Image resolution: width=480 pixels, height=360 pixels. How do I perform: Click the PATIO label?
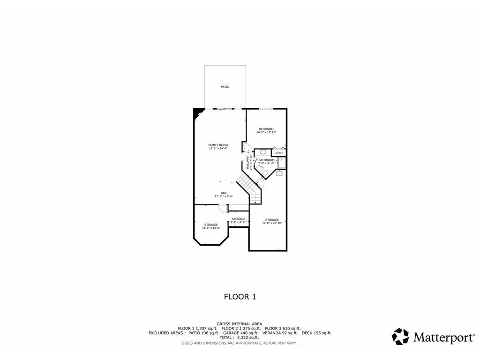(x=225, y=87)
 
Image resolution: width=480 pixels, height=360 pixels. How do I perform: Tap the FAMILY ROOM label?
(x=218, y=145)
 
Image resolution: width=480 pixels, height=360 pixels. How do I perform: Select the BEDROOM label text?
(x=266, y=129)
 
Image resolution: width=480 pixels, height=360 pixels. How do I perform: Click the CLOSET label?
(x=278, y=153)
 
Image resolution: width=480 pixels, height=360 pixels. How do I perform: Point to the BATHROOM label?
(x=266, y=160)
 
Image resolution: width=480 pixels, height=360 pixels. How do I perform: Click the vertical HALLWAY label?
(x=248, y=163)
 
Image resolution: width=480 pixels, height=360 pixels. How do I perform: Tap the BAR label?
(x=224, y=193)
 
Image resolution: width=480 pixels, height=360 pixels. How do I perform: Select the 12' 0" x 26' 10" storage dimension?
(x=272, y=223)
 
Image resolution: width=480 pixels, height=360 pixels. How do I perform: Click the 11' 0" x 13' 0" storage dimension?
(x=210, y=228)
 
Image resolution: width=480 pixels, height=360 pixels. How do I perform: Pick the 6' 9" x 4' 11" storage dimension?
(x=239, y=222)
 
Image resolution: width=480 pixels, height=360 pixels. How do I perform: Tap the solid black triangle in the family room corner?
(x=198, y=112)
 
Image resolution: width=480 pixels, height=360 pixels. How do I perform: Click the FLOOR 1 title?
(x=240, y=296)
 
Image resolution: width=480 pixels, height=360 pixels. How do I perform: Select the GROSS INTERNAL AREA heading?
(x=240, y=324)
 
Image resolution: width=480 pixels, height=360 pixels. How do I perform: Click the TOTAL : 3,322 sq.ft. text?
(x=240, y=337)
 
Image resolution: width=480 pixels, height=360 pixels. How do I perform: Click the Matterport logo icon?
(x=400, y=336)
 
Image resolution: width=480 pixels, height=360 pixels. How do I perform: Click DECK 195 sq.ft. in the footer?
(x=316, y=333)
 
